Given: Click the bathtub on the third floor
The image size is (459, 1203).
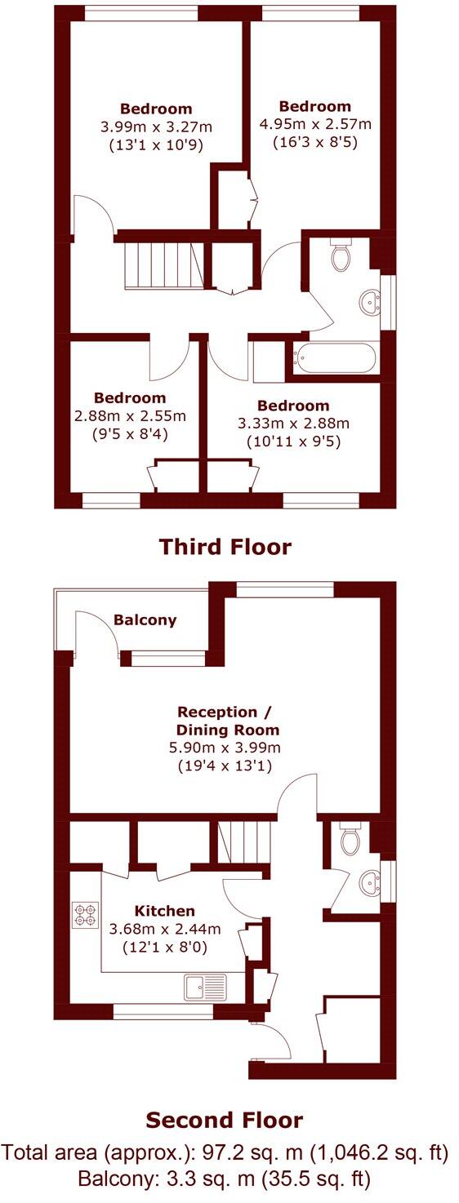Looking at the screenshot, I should (335, 360).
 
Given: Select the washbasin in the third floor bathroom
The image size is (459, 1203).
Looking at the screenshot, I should (370, 303).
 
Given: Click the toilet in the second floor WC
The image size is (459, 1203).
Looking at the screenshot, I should (350, 839).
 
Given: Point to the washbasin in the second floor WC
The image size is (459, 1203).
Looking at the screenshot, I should (369, 882).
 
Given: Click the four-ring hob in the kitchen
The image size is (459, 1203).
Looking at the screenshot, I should (84, 914).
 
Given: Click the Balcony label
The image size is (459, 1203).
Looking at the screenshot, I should (145, 619).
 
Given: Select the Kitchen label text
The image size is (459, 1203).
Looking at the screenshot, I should (165, 911).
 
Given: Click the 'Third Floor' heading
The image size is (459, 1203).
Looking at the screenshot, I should (225, 546).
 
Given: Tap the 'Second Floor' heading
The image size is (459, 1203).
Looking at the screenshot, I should (224, 1120).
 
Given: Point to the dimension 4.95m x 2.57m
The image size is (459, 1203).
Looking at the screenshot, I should (314, 124).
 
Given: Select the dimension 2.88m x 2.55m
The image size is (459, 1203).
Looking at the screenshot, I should (130, 415).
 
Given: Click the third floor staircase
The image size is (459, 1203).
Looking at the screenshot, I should (161, 266).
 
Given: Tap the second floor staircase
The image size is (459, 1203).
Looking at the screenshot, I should (246, 841).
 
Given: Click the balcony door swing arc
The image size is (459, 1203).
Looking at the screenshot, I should (96, 628).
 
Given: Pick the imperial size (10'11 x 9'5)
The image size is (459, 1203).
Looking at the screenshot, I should (293, 442).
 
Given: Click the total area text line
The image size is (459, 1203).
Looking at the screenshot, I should (225, 1153).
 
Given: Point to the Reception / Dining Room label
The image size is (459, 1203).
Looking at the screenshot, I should (228, 721).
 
